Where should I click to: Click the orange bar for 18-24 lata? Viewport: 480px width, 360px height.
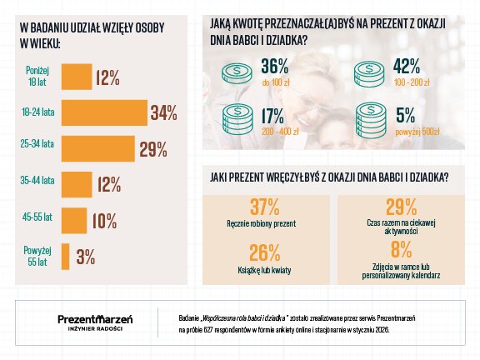tap(105, 112)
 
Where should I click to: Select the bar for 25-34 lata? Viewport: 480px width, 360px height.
tap(100, 149)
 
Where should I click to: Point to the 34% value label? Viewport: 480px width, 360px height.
tap(163, 112)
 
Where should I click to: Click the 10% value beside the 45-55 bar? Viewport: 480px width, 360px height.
tap(104, 221)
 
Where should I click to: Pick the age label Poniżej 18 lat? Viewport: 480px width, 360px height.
tap(37, 77)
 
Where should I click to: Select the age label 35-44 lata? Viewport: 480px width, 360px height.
tap(37, 181)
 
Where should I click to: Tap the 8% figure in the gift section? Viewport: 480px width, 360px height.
tap(401, 248)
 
